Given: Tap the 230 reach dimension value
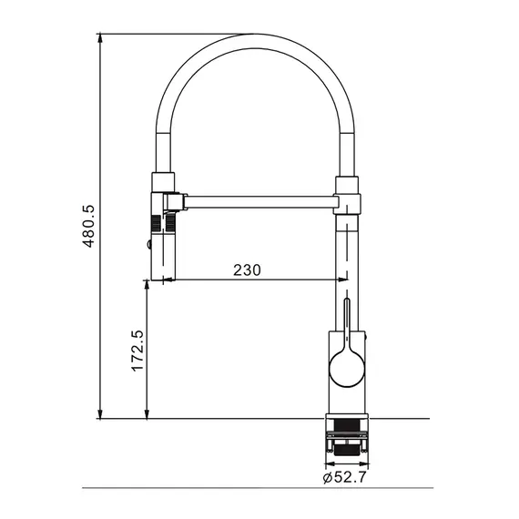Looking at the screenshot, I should pyautogui.click(x=248, y=270).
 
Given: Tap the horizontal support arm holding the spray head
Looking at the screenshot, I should pyautogui.click(x=259, y=198).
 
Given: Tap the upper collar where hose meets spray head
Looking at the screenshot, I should pyautogui.click(x=161, y=180).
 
